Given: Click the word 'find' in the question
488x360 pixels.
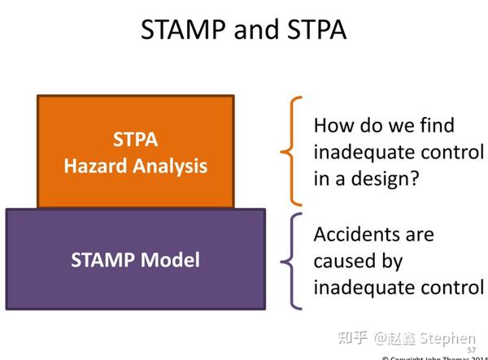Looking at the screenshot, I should click(x=434, y=126).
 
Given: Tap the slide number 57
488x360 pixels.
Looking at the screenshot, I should click(x=472, y=349).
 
